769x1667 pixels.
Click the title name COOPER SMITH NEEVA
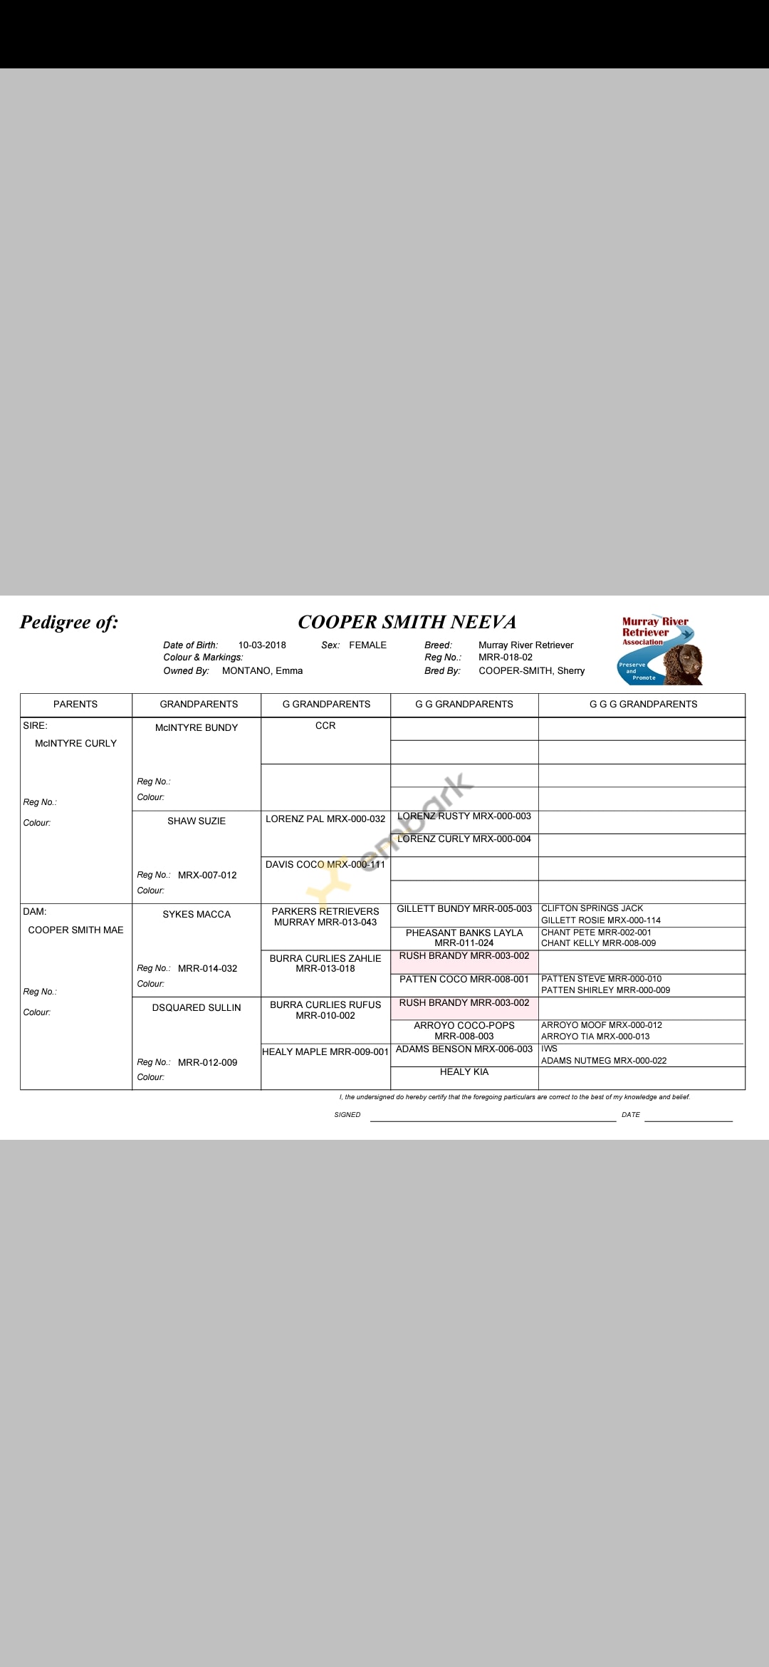pos(407,622)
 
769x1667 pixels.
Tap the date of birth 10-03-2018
pos(262,645)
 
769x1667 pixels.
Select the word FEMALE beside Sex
pos(367,645)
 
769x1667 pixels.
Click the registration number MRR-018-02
pos(505,657)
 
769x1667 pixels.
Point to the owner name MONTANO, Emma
pos(262,670)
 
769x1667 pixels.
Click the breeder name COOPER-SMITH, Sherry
pos(531,670)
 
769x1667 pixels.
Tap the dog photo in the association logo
pos(684,664)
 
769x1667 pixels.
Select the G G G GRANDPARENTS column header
pos(643,704)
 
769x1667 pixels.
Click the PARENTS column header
pos(75,704)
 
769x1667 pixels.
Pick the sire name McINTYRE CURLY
pos(75,743)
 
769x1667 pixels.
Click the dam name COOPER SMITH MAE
pos(75,930)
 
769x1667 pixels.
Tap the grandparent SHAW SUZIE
pos(197,821)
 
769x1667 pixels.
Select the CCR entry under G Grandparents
pos(325,725)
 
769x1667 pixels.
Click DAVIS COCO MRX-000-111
pos(325,864)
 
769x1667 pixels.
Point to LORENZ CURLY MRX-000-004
pos(464,838)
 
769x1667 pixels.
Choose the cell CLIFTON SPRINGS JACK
pos(592,908)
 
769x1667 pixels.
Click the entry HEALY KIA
pos(464,1071)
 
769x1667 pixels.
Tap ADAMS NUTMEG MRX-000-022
pos(604,1060)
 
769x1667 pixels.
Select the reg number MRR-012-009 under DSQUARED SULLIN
pos(207,1062)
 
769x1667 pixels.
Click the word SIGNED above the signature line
pos(347,1115)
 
